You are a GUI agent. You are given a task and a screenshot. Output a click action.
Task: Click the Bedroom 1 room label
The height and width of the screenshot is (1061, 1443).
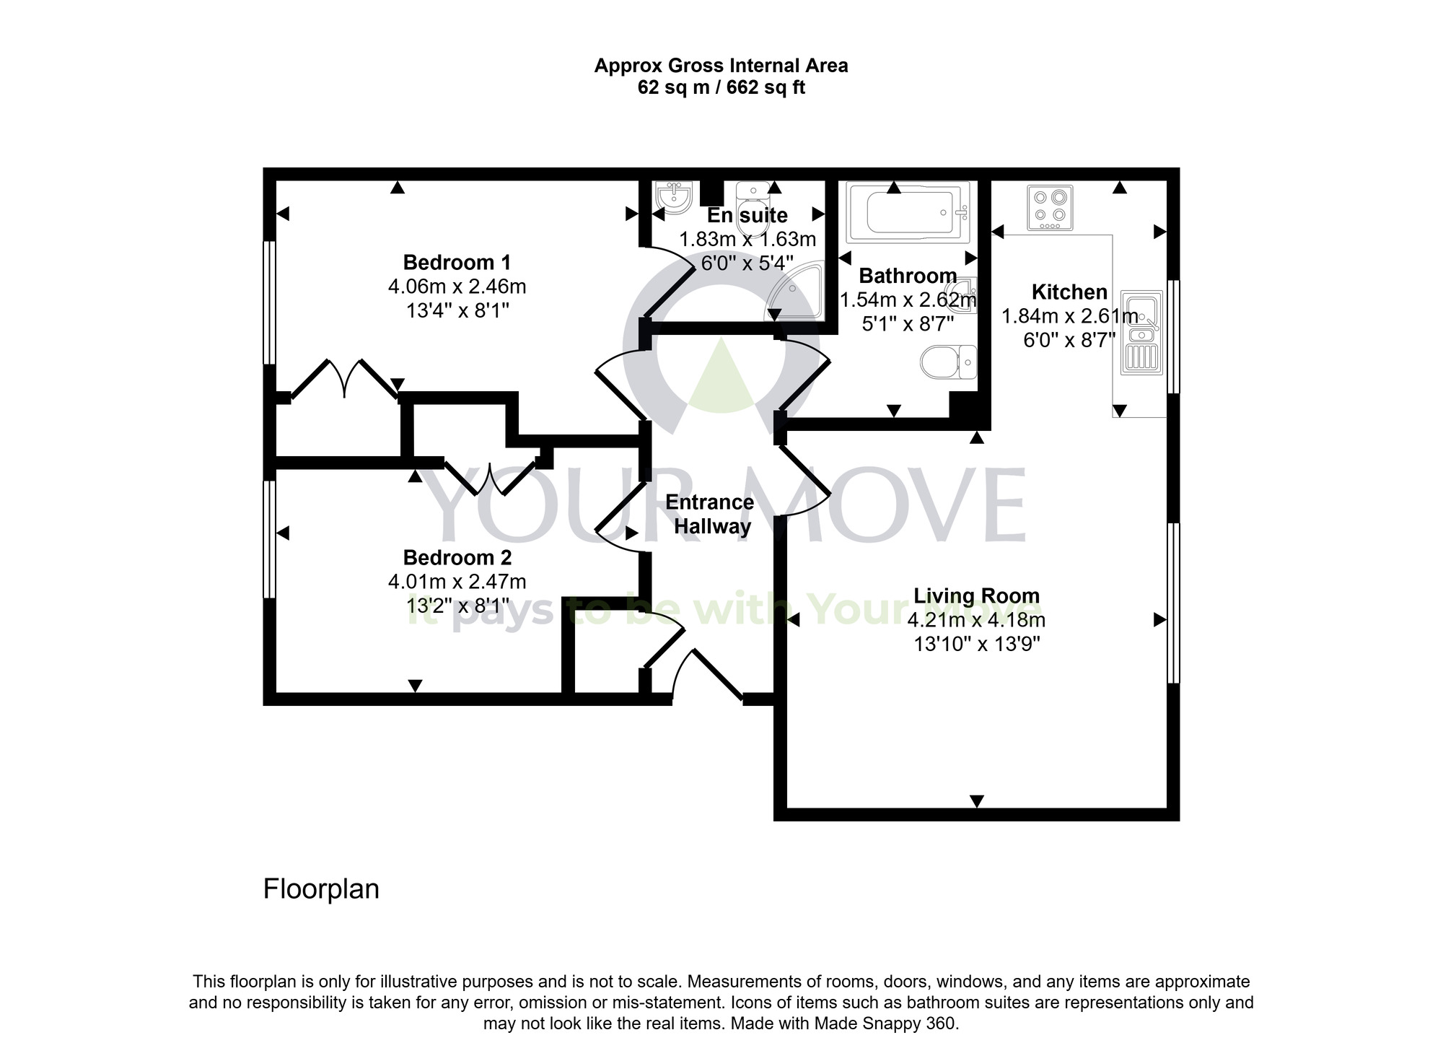(457, 262)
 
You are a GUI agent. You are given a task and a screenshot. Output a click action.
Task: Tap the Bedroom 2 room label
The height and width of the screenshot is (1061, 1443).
(457, 557)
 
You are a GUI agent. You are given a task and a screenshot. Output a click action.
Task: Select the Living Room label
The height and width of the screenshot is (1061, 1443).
(976, 595)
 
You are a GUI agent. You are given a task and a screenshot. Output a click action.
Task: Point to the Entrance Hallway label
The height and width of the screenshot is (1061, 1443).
(710, 514)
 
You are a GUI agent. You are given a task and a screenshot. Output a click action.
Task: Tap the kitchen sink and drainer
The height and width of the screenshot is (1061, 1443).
(1141, 333)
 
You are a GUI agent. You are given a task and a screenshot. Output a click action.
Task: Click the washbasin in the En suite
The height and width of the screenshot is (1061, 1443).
(675, 197)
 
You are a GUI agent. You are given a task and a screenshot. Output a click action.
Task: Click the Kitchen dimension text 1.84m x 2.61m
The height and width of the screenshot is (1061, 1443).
(1069, 316)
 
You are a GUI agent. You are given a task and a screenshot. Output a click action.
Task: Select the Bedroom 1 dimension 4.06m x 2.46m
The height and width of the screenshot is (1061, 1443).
(457, 287)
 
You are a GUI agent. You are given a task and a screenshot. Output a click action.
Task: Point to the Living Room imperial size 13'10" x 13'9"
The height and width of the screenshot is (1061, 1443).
(976, 644)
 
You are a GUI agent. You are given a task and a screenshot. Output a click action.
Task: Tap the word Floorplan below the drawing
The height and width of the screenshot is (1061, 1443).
(321, 888)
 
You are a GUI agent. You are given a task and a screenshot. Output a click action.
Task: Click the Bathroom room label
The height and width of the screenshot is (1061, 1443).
(907, 276)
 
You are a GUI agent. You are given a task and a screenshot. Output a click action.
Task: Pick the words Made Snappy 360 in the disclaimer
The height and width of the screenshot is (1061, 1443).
(885, 1023)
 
